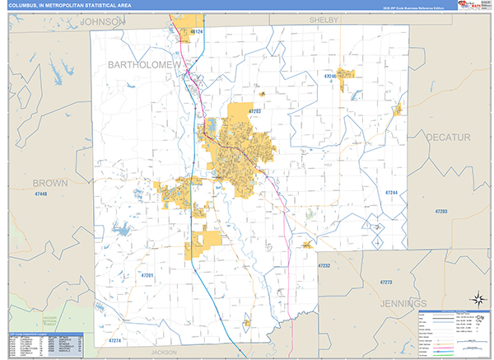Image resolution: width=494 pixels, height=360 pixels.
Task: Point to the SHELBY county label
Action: point(324,20)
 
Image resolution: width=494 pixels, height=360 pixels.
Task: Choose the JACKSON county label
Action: point(164,352)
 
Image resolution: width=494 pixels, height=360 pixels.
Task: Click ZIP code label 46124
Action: point(196,32)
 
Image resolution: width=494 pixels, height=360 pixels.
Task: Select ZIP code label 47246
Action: point(330,76)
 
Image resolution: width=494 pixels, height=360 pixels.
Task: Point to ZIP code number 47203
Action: point(254,110)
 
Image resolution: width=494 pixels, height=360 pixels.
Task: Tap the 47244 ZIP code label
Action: point(391,193)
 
